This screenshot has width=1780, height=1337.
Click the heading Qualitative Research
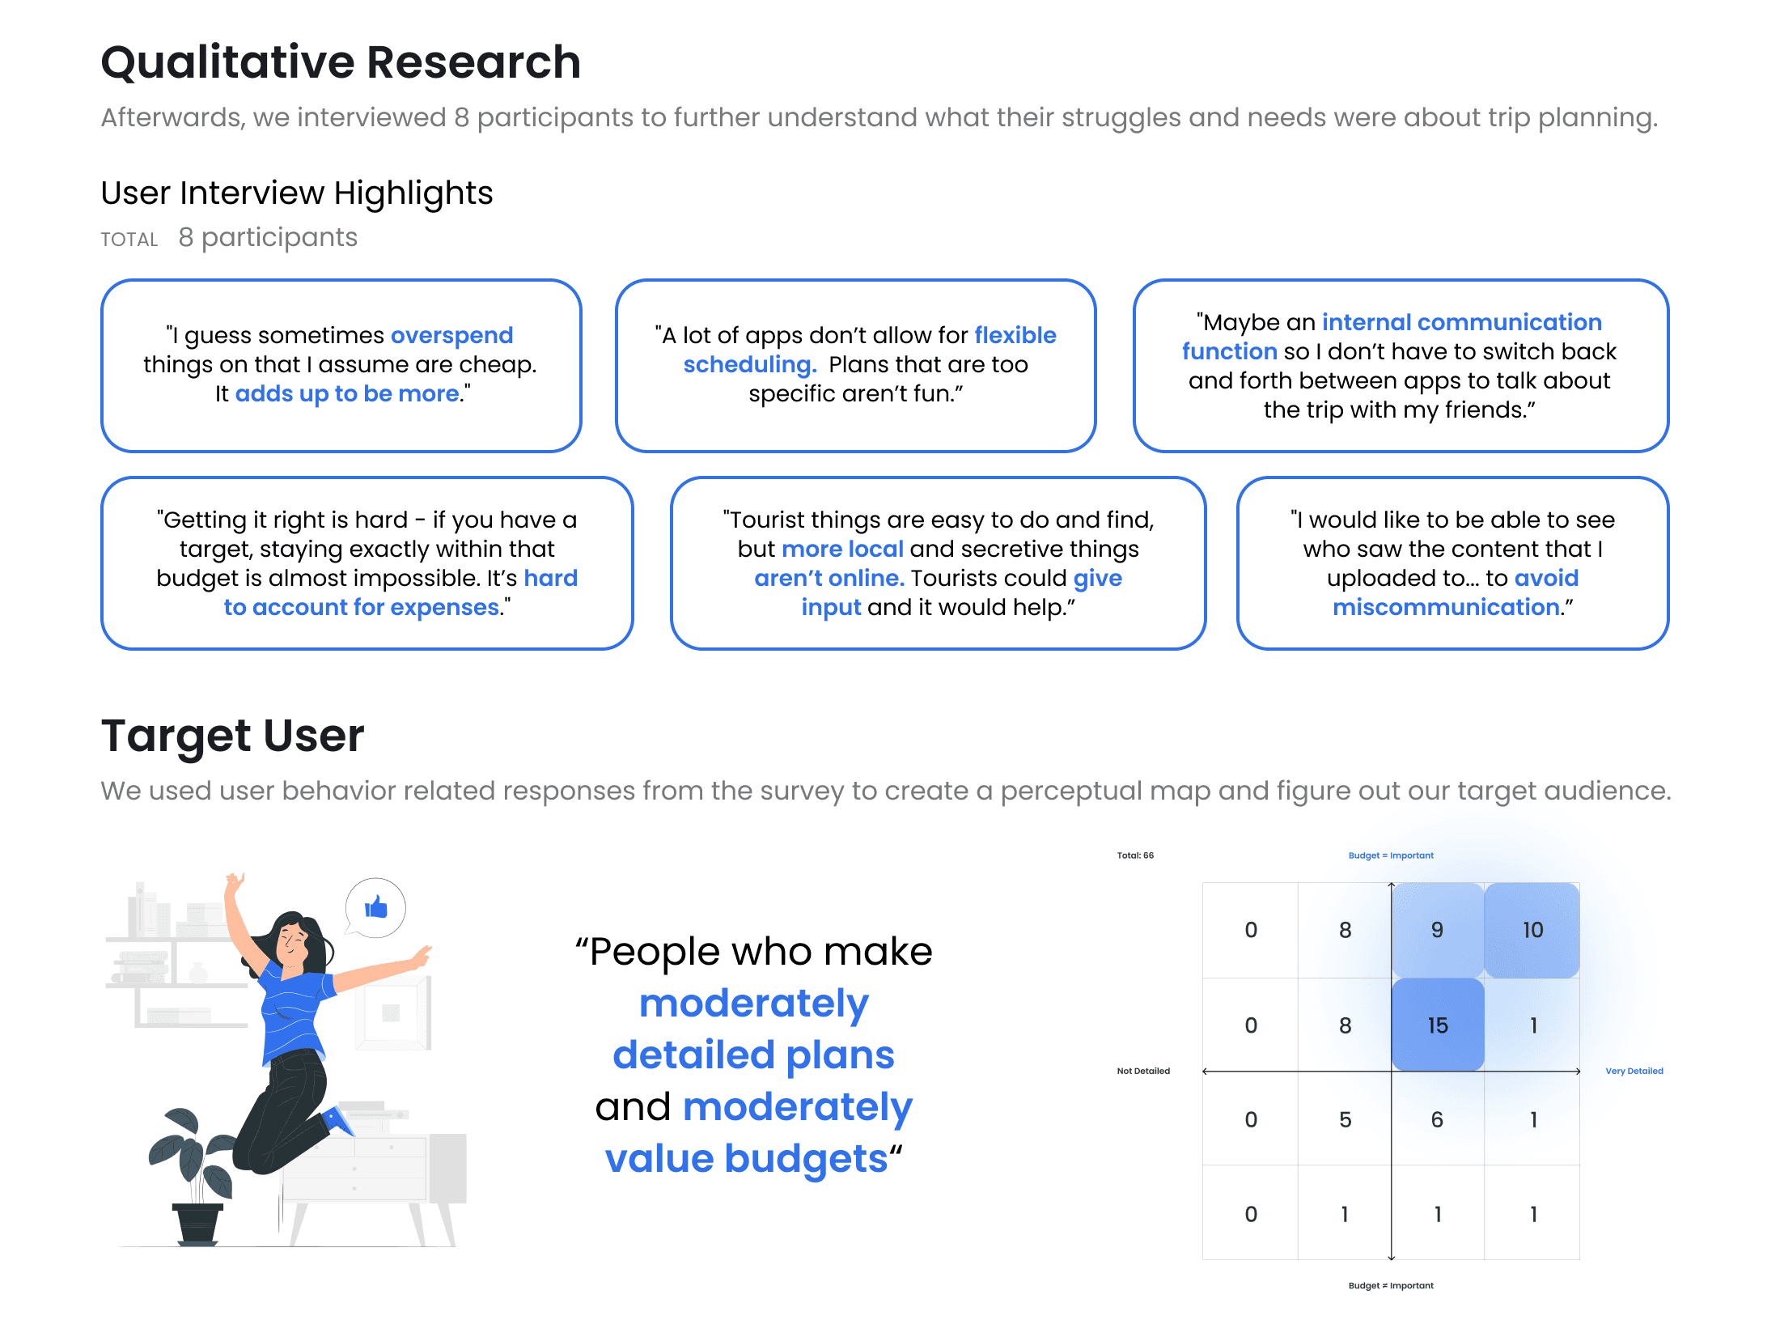click(x=341, y=62)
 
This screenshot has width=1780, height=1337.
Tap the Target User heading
click(x=232, y=736)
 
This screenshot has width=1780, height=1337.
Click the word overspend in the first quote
click(x=451, y=335)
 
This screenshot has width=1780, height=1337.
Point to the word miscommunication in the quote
click(x=1446, y=607)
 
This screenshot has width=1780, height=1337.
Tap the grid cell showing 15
click(x=1438, y=1025)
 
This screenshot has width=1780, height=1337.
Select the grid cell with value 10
click(x=1532, y=930)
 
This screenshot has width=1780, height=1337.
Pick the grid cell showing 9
click(x=1438, y=930)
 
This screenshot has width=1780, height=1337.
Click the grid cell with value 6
click(x=1438, y=1119)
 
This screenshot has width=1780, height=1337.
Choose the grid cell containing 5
click(x=1345, y=1119)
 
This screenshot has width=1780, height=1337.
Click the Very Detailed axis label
click(x=1634, y=1071)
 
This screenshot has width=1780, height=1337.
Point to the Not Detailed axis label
click(x=1143, y=1071)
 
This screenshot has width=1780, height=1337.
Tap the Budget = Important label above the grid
click(x=1391, y=855)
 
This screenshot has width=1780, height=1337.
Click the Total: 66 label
click(x=1135, y=855)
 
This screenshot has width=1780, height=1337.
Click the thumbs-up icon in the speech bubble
click(x=376, y=907)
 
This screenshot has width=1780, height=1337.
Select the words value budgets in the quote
click(x=746, y=1158)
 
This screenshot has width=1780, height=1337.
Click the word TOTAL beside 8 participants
click(x=129, y=240)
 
